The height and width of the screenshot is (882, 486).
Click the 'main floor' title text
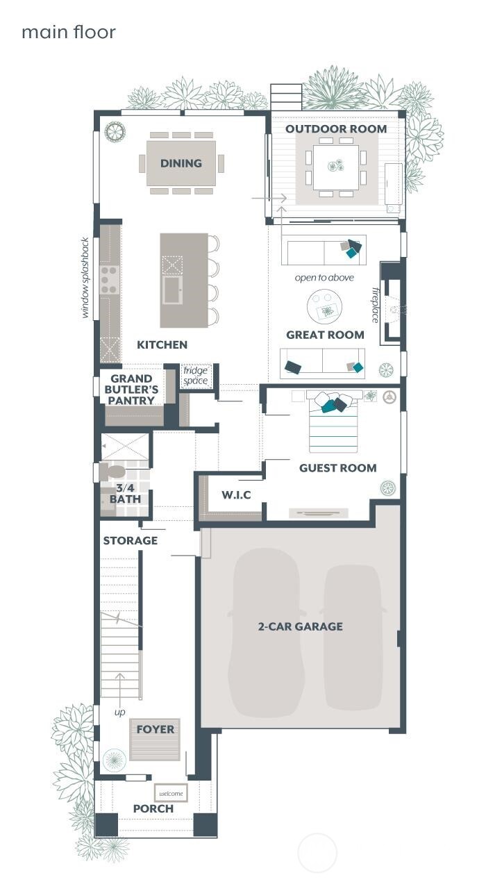(x=68, y=32)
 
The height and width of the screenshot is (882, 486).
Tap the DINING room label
(x=181, y=163)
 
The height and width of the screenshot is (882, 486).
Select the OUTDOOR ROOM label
(x=336, y=128)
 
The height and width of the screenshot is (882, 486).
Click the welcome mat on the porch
(x=171, y=793)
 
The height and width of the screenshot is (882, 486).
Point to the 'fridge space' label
(x=195, y=376)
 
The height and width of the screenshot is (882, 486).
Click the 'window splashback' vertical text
(x=85, y=278)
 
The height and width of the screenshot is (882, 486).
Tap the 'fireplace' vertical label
(x=376, y=304)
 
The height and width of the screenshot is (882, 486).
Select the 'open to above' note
(x=324, y=278)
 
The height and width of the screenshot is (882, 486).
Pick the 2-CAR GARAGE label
(x=300, y=626)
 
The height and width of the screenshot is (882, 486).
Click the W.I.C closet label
(x=236, y=495)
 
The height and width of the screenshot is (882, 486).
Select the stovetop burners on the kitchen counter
(x=110, y=278)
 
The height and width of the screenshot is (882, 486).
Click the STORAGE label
(x=131, y=540)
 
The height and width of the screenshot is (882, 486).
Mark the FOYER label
(x=156, y=729)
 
